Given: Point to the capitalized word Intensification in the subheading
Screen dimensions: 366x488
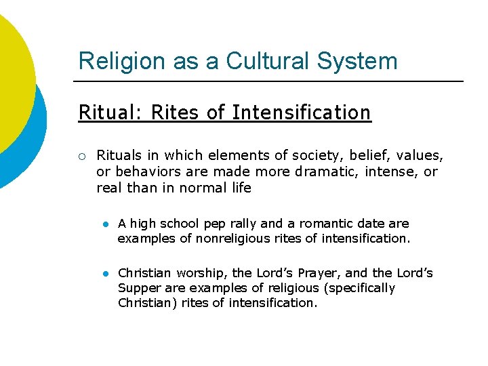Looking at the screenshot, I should (x=302, y=113).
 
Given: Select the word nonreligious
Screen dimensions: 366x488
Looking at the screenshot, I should (x=234, y=239).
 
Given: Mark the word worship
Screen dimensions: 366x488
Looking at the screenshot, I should (x=201, y=273).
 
